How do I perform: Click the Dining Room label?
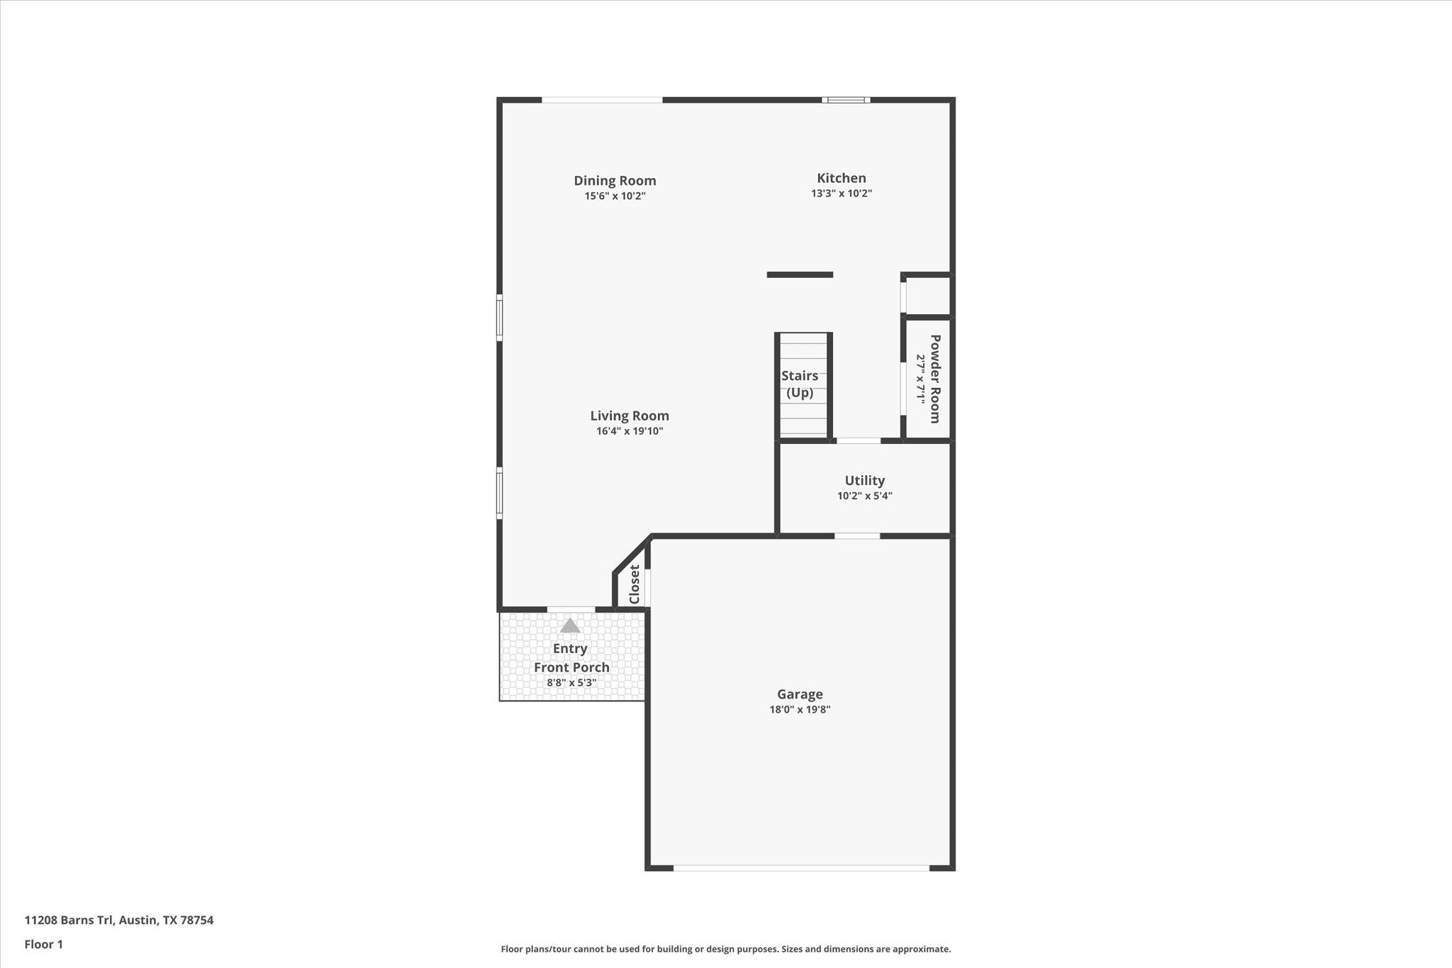point(615,181)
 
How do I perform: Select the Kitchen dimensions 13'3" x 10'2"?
point(841,194)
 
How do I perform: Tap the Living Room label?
point(630,416)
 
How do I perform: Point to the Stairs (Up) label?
point(800,384)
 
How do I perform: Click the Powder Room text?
point(934,379)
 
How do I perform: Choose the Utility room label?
point(864,481)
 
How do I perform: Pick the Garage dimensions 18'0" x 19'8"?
point(800,710)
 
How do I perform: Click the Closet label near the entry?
point(635,584)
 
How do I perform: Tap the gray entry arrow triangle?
point(570,626)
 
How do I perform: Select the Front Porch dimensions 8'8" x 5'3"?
point(571,684)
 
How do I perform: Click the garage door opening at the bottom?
point(800,867)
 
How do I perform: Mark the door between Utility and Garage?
point(856,536)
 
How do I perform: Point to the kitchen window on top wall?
point(847,100)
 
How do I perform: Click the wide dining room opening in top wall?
point(602,100)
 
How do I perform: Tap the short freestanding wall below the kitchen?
point(800,274)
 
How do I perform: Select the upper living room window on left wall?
point(499,318)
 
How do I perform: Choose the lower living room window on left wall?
point(499,493)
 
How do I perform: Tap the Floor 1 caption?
point(44,945)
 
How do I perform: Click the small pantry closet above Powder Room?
point(927,296)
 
